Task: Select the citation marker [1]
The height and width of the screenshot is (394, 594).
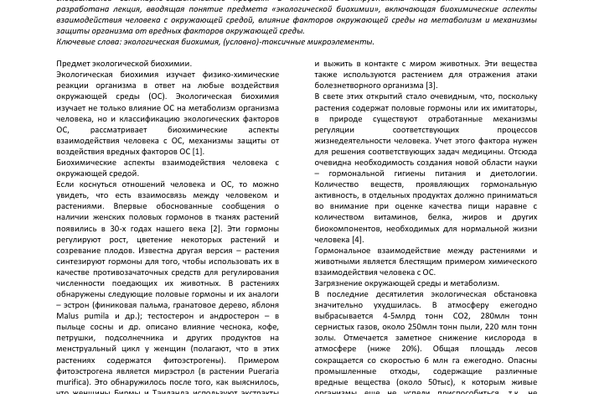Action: tap(198, 151)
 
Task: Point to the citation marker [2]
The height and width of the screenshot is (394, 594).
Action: tap(216, 228)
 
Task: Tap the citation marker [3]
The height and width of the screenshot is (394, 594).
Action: tap(431, 85)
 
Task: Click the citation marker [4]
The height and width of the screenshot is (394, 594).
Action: tap(356, 239)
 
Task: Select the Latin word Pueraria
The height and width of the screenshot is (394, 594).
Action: tap(260, 371)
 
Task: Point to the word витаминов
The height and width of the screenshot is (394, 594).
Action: tap(390, 217)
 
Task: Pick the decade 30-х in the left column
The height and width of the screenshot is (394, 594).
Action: tap(117, 228)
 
